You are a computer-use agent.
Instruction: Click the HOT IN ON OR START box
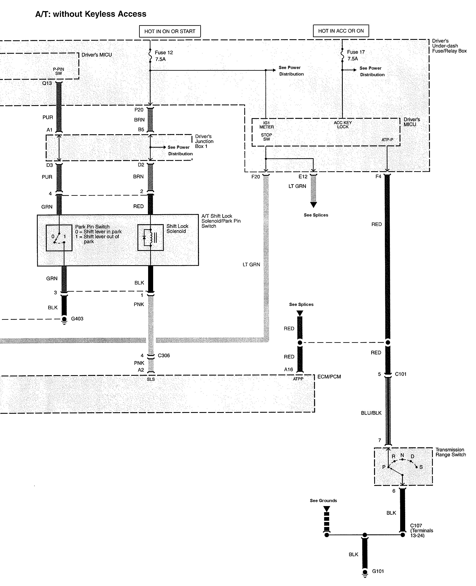tap(170, 31)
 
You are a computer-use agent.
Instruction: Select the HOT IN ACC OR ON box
tap(341, 31)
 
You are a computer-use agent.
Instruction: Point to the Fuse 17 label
tap(356, 55)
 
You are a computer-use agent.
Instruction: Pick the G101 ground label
tap(378, 571)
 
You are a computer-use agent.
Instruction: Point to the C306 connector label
tap(164, 356)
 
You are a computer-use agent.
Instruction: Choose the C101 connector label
tap(401, 374)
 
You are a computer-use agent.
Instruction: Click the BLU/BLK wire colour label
tap(371, 413)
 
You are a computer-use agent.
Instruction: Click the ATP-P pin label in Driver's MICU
tap(387, 140)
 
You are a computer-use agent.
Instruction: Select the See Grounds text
tap(323, 501)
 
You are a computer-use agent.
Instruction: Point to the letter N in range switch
tap(402, 455)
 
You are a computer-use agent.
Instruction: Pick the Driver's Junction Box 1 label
tap(204, 141)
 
